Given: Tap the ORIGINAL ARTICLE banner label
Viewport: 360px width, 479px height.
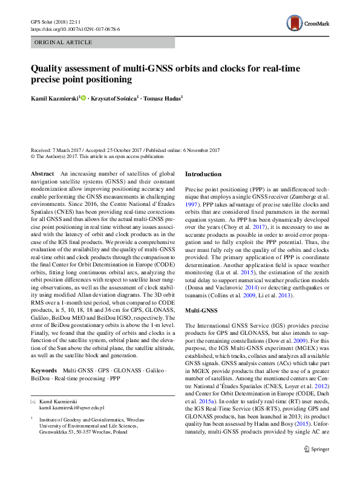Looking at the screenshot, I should [64, 42].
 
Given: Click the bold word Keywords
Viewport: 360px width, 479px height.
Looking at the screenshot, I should [44, 369].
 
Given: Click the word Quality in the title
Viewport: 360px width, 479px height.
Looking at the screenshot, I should [47, 68].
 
